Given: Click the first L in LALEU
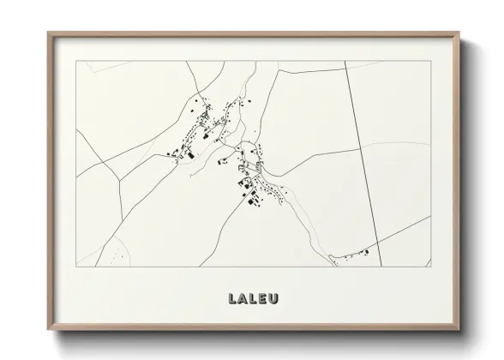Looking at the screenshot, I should [232, 298].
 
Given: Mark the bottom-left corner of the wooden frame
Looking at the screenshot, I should [48, 330].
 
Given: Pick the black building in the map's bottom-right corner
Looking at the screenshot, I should [365, 251].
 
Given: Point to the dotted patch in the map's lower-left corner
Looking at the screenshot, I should [110, 254].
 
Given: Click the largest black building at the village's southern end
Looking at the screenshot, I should [253, 201].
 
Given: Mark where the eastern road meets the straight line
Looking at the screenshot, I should [359, 150].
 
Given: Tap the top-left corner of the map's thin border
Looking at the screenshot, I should [76, 61].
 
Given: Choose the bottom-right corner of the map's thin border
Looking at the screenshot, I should [430, 267].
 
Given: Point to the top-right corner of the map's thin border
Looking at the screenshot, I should [430, 61].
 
